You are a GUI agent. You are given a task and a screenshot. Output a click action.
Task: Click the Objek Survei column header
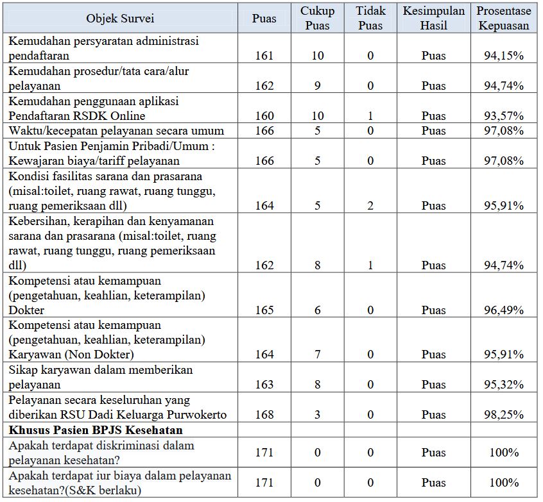[x=120, y=19]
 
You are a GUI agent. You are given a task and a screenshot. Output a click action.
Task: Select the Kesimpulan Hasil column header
[x=433, y=19]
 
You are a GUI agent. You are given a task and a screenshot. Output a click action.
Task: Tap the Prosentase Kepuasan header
[x=504, y=19]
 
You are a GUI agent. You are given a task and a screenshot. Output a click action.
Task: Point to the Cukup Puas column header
[x=318, y=19]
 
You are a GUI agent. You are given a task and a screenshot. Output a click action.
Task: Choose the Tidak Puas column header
[x=370, y=19]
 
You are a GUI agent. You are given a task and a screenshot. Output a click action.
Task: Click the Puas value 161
[x=264, y=56]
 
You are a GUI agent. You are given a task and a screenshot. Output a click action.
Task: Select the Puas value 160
[x=264, y=116]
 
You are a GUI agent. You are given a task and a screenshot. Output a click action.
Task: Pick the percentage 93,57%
[x=504, y=116]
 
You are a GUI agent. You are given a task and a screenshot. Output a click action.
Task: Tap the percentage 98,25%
[x=504, y=415]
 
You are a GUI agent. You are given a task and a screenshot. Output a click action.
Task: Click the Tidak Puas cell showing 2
[x=370, y=206]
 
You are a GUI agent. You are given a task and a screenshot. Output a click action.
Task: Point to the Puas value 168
[x=264, y=415]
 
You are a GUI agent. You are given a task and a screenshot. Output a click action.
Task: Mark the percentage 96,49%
[x=504, y=310]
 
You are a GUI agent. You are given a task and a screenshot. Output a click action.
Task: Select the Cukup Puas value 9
[x=318, y=86]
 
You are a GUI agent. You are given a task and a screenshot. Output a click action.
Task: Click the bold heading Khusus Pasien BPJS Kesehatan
[x=96, y=430]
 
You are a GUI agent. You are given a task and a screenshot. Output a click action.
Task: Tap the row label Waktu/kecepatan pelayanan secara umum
[x=116, y=131]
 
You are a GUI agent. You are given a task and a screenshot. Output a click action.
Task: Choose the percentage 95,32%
[x=504, y=385]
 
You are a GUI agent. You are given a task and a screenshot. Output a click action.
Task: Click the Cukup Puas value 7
[x=318, y=355]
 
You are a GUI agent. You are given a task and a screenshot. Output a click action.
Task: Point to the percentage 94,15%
[x=504, y=56]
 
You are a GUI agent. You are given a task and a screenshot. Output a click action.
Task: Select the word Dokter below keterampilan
[x=26, y=310]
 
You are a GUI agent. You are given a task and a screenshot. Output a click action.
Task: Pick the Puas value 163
[x=264, y=385]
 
